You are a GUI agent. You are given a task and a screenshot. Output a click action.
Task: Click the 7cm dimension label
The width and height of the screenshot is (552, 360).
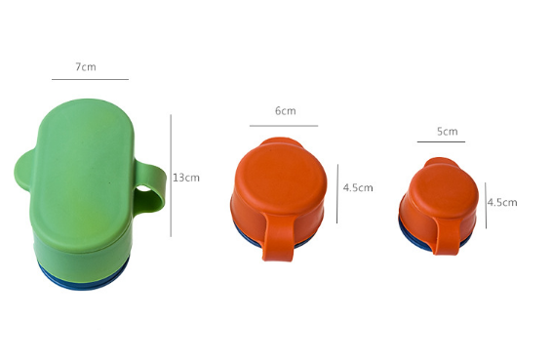tap(86, 66)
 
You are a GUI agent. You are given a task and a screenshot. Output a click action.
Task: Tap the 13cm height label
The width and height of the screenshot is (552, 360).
tap(186, 178)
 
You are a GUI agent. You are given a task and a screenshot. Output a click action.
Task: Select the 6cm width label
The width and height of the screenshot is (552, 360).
tap(285, 111)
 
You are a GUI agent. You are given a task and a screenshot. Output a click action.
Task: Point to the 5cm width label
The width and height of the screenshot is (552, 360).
tap(447, 132)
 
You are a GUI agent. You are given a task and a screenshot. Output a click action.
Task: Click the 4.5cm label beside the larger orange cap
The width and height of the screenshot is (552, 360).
tap(358, 187)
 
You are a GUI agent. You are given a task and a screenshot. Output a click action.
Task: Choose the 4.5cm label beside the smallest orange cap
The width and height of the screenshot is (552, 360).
tap(502, 202)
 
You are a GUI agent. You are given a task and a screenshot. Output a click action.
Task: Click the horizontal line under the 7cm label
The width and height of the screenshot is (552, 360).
tap(90, 79)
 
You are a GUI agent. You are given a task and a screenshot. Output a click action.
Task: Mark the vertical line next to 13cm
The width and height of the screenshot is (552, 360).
tap(171, 176)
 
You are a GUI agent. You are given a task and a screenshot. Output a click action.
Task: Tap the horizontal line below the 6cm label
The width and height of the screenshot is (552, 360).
tap(284, 126)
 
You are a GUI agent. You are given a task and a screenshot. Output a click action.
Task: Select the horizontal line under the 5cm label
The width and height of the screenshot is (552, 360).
tap(441, 141)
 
